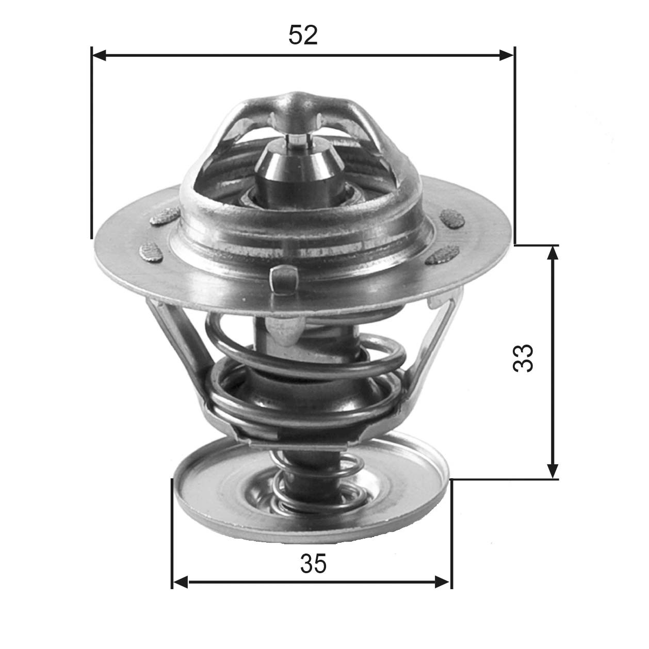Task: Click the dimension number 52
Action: pos(303,35)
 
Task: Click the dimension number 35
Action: pos(314,564)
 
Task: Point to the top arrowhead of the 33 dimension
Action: pos(553,253)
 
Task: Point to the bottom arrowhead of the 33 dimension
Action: pos(553,470)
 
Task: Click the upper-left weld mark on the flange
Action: pos(165,217)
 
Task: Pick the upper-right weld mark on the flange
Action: pos(453,218)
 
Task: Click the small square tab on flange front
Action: pos(284,280)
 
